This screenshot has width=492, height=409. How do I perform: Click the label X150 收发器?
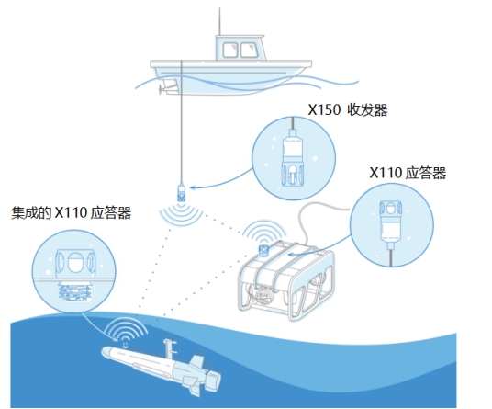(x=348, y=109)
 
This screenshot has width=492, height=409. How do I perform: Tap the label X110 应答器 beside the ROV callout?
(x=408, y=173)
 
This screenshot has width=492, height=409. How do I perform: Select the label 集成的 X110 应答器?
(x=72, y=212)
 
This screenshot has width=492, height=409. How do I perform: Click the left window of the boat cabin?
(x=230, y=50)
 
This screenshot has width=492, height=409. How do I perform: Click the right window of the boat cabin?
(x=250, y=50)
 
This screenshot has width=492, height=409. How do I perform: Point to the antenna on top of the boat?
(x=219, y=22)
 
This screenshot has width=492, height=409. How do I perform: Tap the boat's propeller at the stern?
(x=162, y=89)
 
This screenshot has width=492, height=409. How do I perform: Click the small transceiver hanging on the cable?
(x=181, y=192)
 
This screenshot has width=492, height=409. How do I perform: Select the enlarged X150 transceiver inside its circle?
(x=293, y=156)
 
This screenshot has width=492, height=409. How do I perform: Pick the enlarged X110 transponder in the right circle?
(x=390, y=226)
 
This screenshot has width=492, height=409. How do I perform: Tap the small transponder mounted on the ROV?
(x=263, y=249)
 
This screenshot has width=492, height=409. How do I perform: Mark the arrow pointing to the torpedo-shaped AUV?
(x=96, y=329)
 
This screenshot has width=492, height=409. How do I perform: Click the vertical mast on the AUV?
(x=169, y=349)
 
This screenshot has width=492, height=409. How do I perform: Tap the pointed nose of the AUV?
(x=103, y=351)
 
